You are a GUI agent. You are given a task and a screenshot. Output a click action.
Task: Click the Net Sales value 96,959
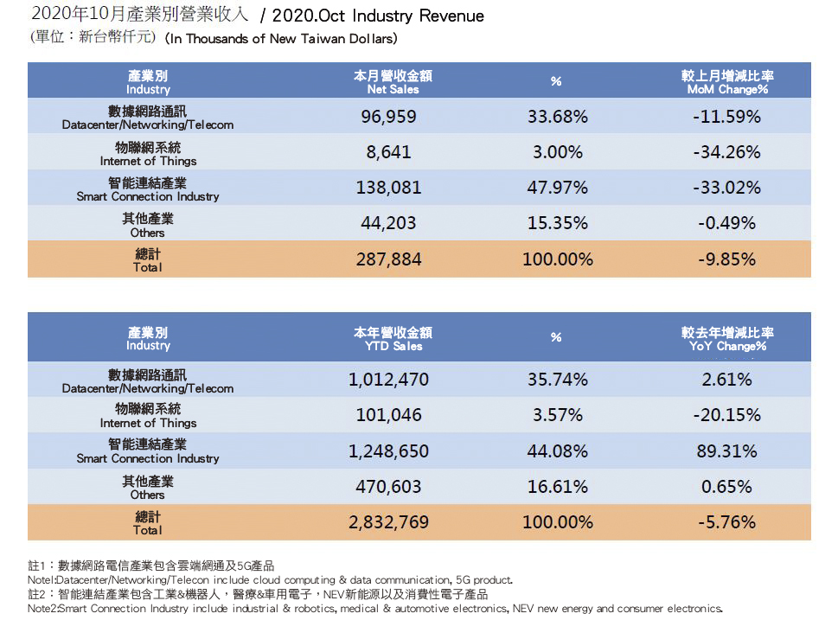click(388, 116)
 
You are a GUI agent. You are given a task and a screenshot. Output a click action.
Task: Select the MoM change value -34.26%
click(726, 152)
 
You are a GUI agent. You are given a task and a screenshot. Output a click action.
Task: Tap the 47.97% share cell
click(557, 188)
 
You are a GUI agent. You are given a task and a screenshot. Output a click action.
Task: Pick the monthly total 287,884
click(388, 259)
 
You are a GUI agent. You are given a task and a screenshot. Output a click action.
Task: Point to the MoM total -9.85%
click(726, 259)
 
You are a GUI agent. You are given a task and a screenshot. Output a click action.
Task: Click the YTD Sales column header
click(393, 339)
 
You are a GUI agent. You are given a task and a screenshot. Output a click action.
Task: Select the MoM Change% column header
click(727, 82)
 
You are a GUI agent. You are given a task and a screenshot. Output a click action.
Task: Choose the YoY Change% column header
click(727, 339)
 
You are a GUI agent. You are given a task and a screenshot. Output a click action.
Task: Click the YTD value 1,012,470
click(388, 380)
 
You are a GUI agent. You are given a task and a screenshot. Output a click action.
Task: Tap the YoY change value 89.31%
click(727, 451)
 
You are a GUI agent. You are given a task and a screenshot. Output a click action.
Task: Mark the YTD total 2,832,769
click(388, 522)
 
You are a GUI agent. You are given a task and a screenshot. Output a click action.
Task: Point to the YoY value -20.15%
click(726, 415)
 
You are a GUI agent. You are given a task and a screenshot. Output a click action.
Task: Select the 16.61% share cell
click(557, 487)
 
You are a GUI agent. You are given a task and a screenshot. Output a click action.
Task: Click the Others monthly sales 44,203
click(388, 223)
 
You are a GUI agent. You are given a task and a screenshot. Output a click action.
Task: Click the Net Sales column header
click(393, 82)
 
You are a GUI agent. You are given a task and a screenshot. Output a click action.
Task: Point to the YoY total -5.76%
click(726, 522)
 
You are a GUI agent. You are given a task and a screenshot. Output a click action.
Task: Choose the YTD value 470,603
click(388, 487)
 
